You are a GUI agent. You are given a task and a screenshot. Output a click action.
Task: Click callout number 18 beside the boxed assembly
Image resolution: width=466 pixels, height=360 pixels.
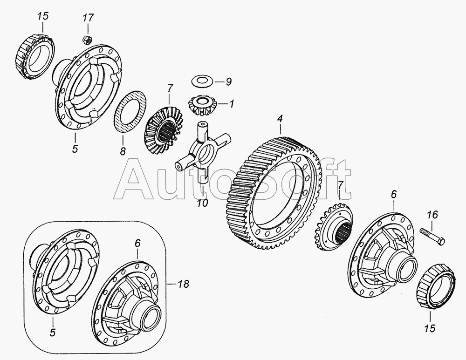point(184,284)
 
